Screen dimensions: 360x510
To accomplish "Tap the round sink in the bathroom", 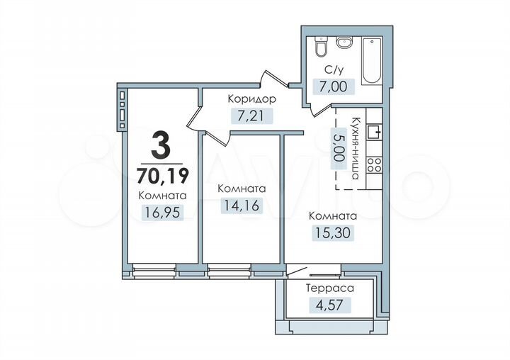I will pyautogui.click(x=346, y=43).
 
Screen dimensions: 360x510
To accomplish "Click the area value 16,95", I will pyautogui.click(x=162, y=211).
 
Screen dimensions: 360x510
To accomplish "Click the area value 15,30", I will pyautogui.click(x=331, y=232).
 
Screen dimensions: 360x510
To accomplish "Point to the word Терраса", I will pyautogui.click(x=329, y=288).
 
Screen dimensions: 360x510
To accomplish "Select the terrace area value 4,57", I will pyautogui.click(x=329, y=305).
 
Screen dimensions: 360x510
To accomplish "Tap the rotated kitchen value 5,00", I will pyautogui.click(x=340, y=148).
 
